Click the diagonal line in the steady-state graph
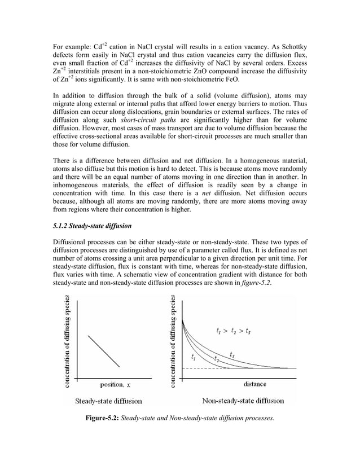(x=104, y=350)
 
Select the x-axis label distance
(x=254, y=385)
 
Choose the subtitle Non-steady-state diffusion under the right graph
(x=243, y=402)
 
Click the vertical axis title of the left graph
(x=68, y=341)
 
